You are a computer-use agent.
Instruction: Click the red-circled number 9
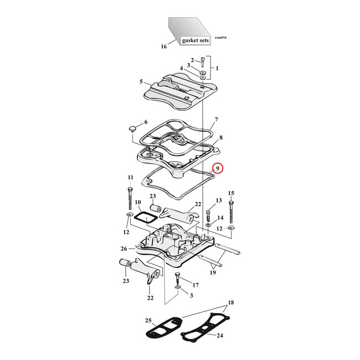(218, 168)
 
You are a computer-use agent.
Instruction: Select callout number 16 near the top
(163, 47)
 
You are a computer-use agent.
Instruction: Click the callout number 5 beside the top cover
(141, 81)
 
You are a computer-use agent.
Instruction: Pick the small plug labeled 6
(132, 129)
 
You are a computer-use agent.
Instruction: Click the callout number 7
(216, 120)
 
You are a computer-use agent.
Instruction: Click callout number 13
(219, 200)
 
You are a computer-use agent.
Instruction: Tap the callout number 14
(220, 218)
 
